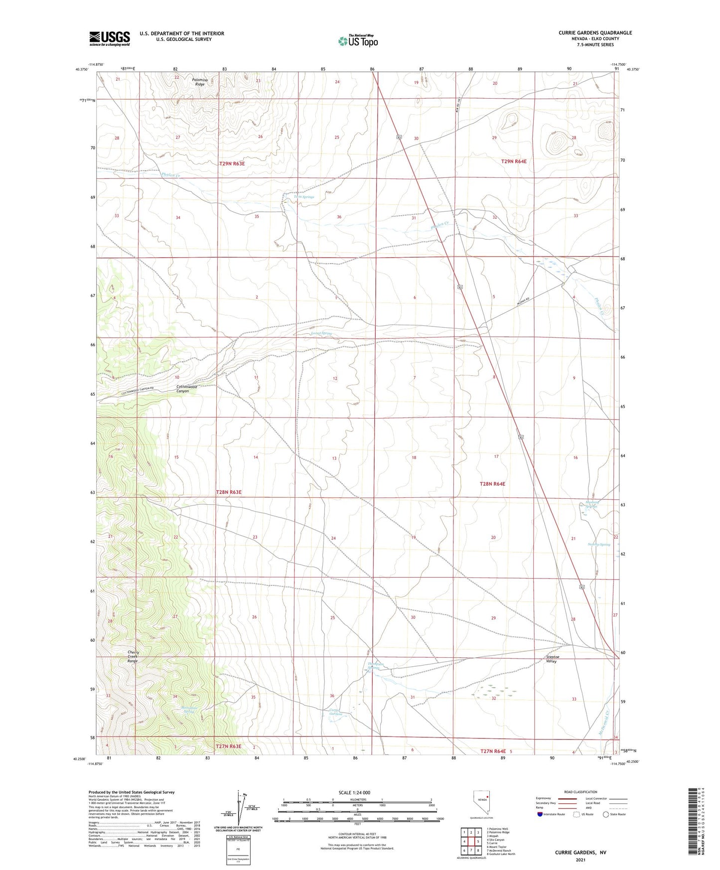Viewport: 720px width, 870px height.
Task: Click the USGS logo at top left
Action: pos(110,38)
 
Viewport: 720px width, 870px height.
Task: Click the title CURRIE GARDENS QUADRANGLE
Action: pos(595,33)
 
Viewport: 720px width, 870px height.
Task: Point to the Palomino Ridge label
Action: pos(199,82)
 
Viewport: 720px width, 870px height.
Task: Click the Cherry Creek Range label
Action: pos(133,656)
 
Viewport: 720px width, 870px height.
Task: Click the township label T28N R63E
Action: pos(229,492)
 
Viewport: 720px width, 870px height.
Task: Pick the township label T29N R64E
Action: pos(514,161)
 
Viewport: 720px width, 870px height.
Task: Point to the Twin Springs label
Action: pos(304,197)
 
